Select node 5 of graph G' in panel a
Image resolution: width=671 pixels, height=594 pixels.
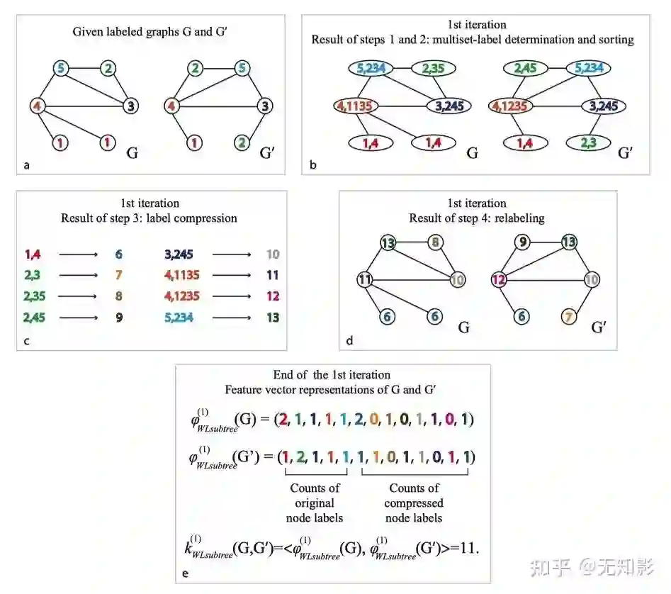[242, 69]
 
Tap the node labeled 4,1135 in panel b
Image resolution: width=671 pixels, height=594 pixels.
[356, 106]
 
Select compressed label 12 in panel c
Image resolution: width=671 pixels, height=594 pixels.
[273, 296]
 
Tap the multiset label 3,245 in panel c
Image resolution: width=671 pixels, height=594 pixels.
[179, 254]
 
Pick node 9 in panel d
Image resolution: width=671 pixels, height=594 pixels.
[522, 243]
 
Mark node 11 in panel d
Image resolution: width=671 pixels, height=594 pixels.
[365, 279]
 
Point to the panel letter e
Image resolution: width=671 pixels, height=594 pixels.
[186, 573]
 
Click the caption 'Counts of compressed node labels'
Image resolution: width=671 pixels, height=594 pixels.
[414, 503]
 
